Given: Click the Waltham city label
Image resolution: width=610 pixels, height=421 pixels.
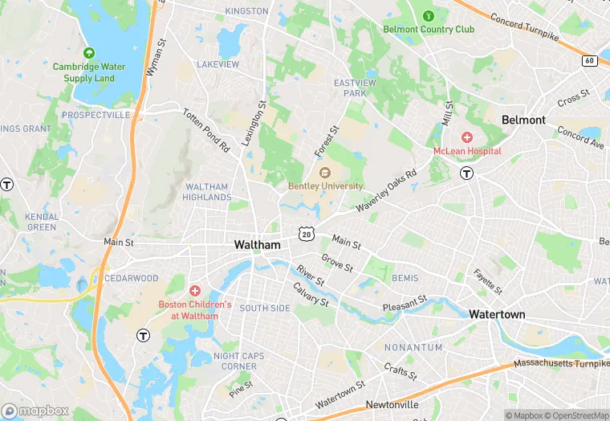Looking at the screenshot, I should point(257,244).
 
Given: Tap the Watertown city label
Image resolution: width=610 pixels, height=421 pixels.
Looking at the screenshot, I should point(497,314).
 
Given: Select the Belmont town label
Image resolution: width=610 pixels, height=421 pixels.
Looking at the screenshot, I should point(523,120).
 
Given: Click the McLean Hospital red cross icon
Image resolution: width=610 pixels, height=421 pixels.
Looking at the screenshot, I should point(467,138).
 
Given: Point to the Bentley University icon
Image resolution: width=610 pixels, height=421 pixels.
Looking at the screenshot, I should point(325,174).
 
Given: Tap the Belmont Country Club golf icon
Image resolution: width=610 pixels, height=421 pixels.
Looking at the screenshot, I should point(428,15).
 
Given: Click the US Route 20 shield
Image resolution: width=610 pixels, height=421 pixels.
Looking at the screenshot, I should point(306,233).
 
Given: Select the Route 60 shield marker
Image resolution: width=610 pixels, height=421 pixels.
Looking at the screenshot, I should point(591,60).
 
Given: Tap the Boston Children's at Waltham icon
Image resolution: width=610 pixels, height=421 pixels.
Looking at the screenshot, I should point(194,290).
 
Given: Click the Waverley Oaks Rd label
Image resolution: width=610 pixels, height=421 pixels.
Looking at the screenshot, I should point(389,190).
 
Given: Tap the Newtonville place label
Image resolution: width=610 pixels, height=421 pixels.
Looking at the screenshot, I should point(392,404).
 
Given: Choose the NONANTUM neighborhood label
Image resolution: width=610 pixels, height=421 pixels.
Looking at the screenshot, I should point(413,347).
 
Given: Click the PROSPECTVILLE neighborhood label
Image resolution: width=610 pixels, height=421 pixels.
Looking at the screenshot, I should point(96,116).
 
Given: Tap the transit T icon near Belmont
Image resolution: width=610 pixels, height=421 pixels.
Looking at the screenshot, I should point(466,173).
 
